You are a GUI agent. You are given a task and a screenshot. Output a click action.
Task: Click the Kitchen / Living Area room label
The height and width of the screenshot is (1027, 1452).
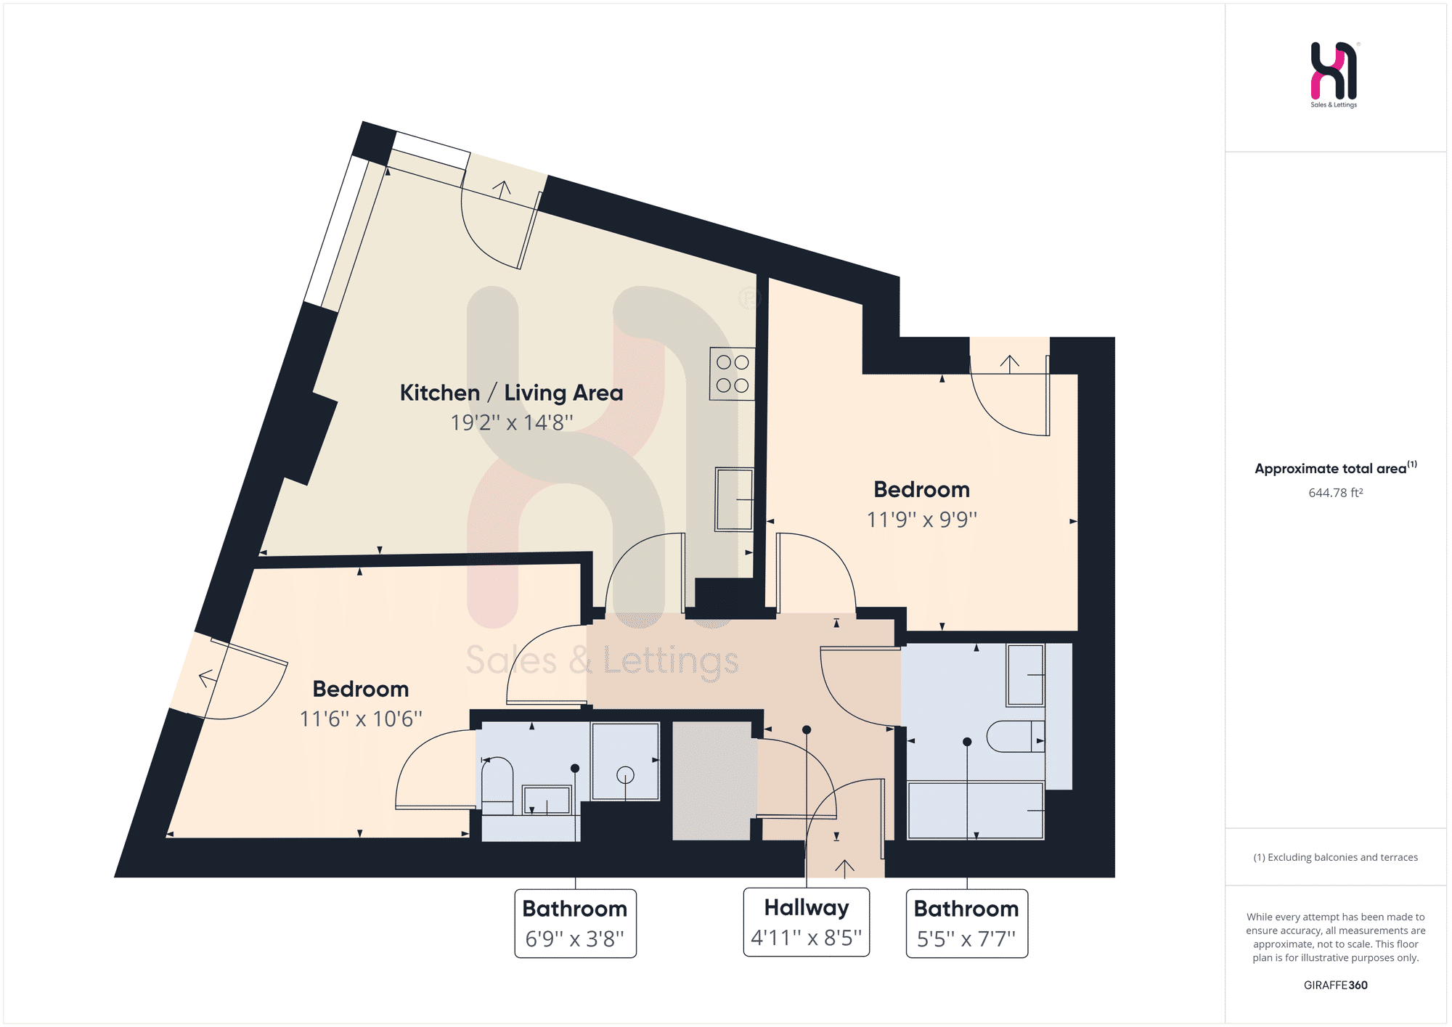pyautogui.click(x=511, y=393)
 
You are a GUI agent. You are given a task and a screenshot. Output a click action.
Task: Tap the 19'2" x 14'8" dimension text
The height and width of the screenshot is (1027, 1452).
pyautogui.click(x=511, y=422)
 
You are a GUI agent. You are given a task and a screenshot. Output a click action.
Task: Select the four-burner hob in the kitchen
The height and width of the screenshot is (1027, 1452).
pyautogui.click(x=732, y=373)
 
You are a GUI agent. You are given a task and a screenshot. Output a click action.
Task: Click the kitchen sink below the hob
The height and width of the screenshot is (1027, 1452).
pyautogui.click(x=734, y=499)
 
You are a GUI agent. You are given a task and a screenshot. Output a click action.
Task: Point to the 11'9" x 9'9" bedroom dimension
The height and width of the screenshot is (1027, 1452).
pyautogui.click(x=922, y=519)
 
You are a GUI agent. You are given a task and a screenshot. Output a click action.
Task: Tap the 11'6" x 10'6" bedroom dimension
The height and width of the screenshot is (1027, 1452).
pyautogui.click(x=361, y=719)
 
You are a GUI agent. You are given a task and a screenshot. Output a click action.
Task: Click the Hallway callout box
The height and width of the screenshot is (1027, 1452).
pyautogui.click(x=807, y=922)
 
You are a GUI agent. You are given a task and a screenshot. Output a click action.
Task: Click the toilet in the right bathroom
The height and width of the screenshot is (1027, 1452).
pyautogui.click(x=1016, y=736)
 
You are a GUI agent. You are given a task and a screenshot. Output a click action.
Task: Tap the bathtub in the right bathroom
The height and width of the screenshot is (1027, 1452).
pyautogui.click(x=976, y=810)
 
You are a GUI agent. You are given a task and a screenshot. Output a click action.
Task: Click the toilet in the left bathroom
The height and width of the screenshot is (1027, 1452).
pyautogui.click(x=497, y=785)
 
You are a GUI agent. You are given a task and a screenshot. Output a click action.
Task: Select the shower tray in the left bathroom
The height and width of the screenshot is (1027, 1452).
pyautogui.click(x=625, y=761)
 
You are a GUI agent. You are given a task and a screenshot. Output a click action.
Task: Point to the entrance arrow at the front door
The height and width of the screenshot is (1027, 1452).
pyautogui.click(x=844, y=868)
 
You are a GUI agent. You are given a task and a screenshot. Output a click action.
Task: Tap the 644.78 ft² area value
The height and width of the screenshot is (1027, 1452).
pyautogui.click(x=1336, y=493)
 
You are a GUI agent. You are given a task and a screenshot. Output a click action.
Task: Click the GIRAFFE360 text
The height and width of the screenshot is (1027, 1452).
pyautogui.click(x=1336, y=985)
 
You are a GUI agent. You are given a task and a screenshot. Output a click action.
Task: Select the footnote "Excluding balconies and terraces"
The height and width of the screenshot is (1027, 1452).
pyautogui.click(x=1342, y=857)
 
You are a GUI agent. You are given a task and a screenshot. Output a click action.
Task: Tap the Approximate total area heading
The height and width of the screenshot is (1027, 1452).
pyautogui.click(x=1331, y=469)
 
